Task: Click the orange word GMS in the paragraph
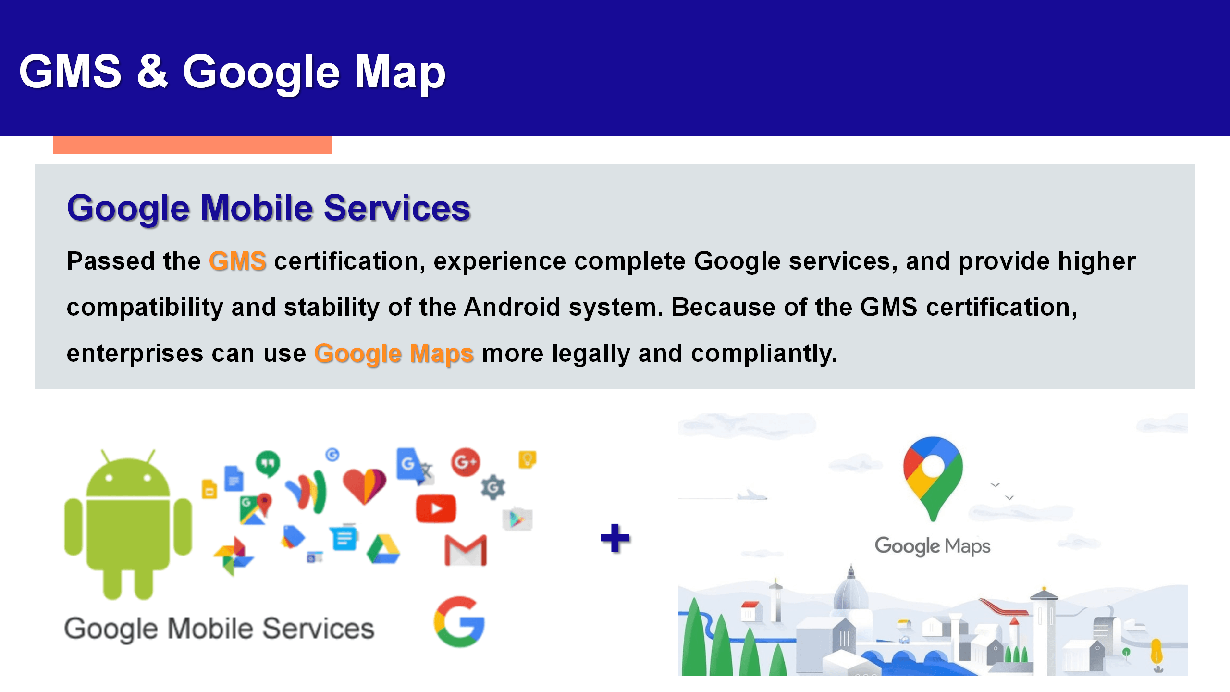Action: (237, 261)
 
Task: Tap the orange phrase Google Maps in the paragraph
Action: (394, 354)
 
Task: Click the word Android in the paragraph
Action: (512, 307)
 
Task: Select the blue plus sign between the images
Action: (615, 538)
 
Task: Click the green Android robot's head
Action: (128, 476)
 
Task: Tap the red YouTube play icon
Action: (436, 508)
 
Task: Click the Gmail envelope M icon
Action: (466, 550)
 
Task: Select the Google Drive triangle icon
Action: (383, 549)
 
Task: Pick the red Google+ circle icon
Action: (466, 462)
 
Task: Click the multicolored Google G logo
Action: (459, 622)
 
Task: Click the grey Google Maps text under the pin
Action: (933, 546)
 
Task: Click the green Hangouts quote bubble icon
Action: (268, 463)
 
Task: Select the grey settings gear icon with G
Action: (493, 488)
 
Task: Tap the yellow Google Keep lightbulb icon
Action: (527, 459)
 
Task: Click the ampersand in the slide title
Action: (152, 71)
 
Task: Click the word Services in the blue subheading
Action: (397, 208)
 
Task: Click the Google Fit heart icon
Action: (364, 485)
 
